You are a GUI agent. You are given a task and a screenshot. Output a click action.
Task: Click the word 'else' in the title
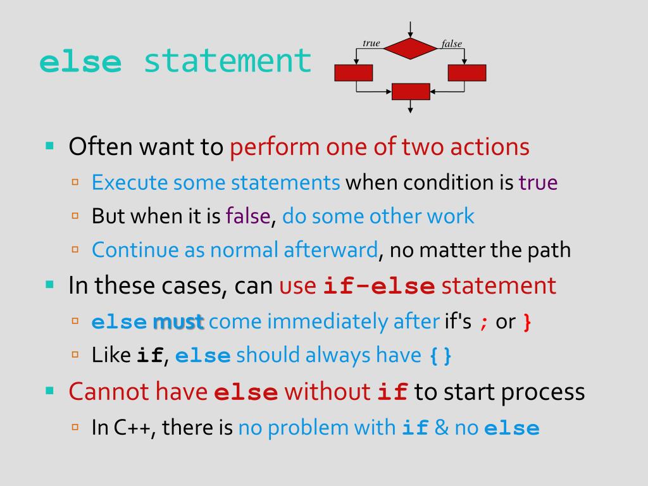[80, 62]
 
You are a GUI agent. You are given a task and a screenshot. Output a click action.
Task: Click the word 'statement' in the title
[228, 62]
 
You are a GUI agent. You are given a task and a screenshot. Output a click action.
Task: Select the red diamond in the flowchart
[411, 48]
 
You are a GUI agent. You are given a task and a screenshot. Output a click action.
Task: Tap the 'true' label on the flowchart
[371, 43]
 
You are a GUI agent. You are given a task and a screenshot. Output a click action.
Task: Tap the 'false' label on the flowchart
[452, 44]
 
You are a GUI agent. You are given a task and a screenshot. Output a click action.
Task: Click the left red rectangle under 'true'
[353, 73]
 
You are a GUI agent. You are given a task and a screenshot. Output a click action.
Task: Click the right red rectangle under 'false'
[467, 73]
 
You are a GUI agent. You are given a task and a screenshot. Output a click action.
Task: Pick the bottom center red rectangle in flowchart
[411, 92]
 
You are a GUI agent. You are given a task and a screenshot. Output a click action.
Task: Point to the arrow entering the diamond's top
[411, 28]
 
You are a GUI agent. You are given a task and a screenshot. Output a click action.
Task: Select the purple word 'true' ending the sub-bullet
[538, 183]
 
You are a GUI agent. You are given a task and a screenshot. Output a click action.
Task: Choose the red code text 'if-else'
[378, 286]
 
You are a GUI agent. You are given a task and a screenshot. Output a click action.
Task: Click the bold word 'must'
[178, 322]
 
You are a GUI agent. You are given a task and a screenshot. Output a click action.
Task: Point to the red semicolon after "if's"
[483, 323]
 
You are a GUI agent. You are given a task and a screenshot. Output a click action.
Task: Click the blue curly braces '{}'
[440, 356]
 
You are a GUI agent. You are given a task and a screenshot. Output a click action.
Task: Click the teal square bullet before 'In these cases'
[50, 284]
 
